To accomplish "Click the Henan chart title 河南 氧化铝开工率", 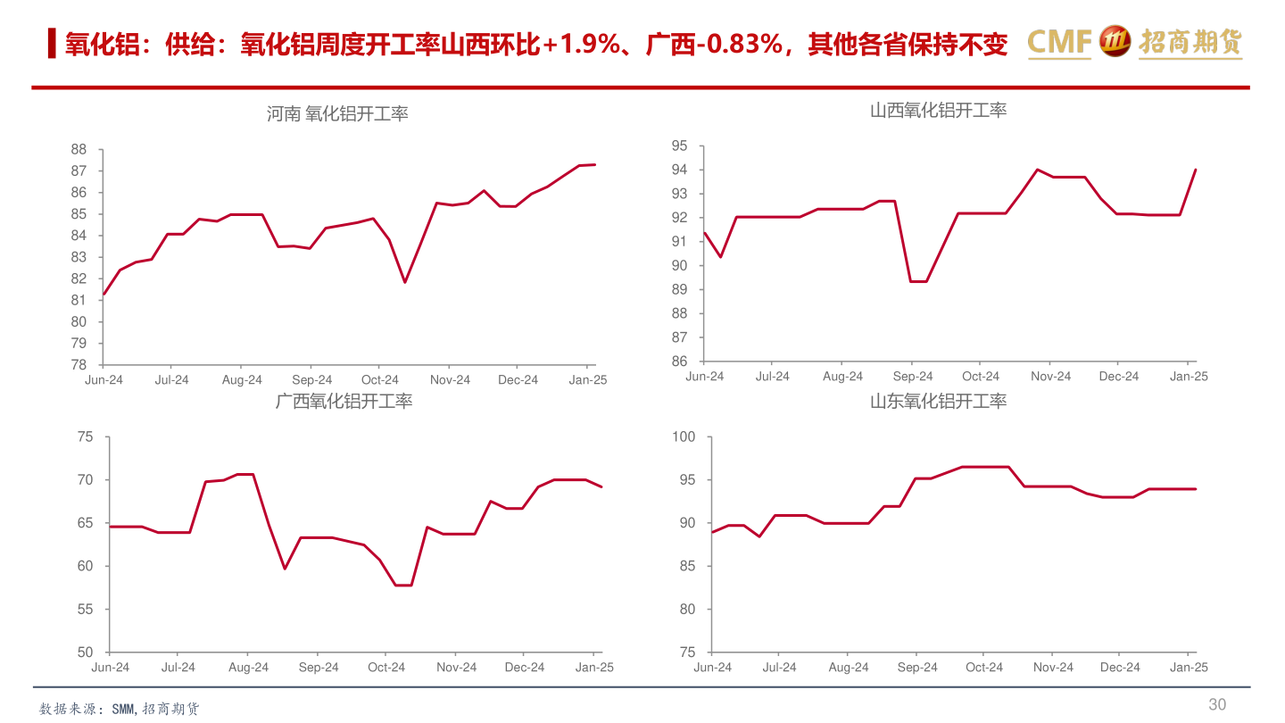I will click(336, 114).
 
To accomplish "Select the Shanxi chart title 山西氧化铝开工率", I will click(938, 111).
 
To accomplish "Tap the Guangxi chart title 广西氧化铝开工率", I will click(344, 402).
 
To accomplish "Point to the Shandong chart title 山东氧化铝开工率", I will click(938, 402).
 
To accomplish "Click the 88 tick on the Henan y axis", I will click(79, 150).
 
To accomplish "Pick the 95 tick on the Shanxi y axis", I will click(680, 146).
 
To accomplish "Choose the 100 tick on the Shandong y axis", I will click(684, 437).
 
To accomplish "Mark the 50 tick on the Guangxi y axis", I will click(85, 652).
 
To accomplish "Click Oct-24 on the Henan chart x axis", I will click(380, 380).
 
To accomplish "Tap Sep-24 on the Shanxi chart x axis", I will click(912, 377).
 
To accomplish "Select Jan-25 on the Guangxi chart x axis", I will click(594, 668).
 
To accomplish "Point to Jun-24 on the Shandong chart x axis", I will click(712, 668).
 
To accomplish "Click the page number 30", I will click(1217, 704).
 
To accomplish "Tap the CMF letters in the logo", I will click(1059, 42).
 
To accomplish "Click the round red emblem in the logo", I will click(1115, 41).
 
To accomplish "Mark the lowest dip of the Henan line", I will click(404, 282).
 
